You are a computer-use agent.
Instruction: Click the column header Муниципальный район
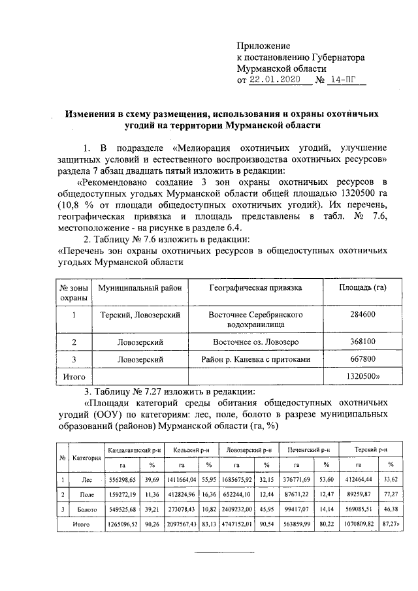pos(140,287)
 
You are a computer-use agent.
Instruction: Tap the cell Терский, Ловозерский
pos(140,315)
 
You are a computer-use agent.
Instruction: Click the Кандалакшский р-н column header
pos(134,451)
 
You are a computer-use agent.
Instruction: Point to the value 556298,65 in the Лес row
pos(123,479)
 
